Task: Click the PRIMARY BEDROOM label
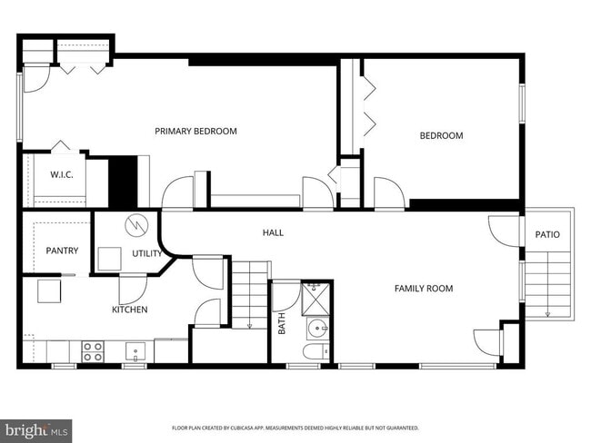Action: click(195, 132)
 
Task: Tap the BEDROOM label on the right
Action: click(441, 136)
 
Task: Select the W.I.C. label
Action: click(62, 174)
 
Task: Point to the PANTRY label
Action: click(62, 251)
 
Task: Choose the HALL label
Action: click(273, 233)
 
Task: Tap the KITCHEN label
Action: click(130, 310)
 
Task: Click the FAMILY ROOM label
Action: click(423, 289)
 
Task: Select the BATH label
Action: click(282, 324)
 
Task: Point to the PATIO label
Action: click(547, 235)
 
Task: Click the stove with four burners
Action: click(93, 351)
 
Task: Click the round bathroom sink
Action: click(317, 329)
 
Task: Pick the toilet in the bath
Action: click(314, 353)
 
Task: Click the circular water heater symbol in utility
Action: click(135, 223)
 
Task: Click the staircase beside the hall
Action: click(250, 293)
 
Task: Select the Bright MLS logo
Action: click(36, 429)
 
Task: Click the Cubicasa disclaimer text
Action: click(295, 428)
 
